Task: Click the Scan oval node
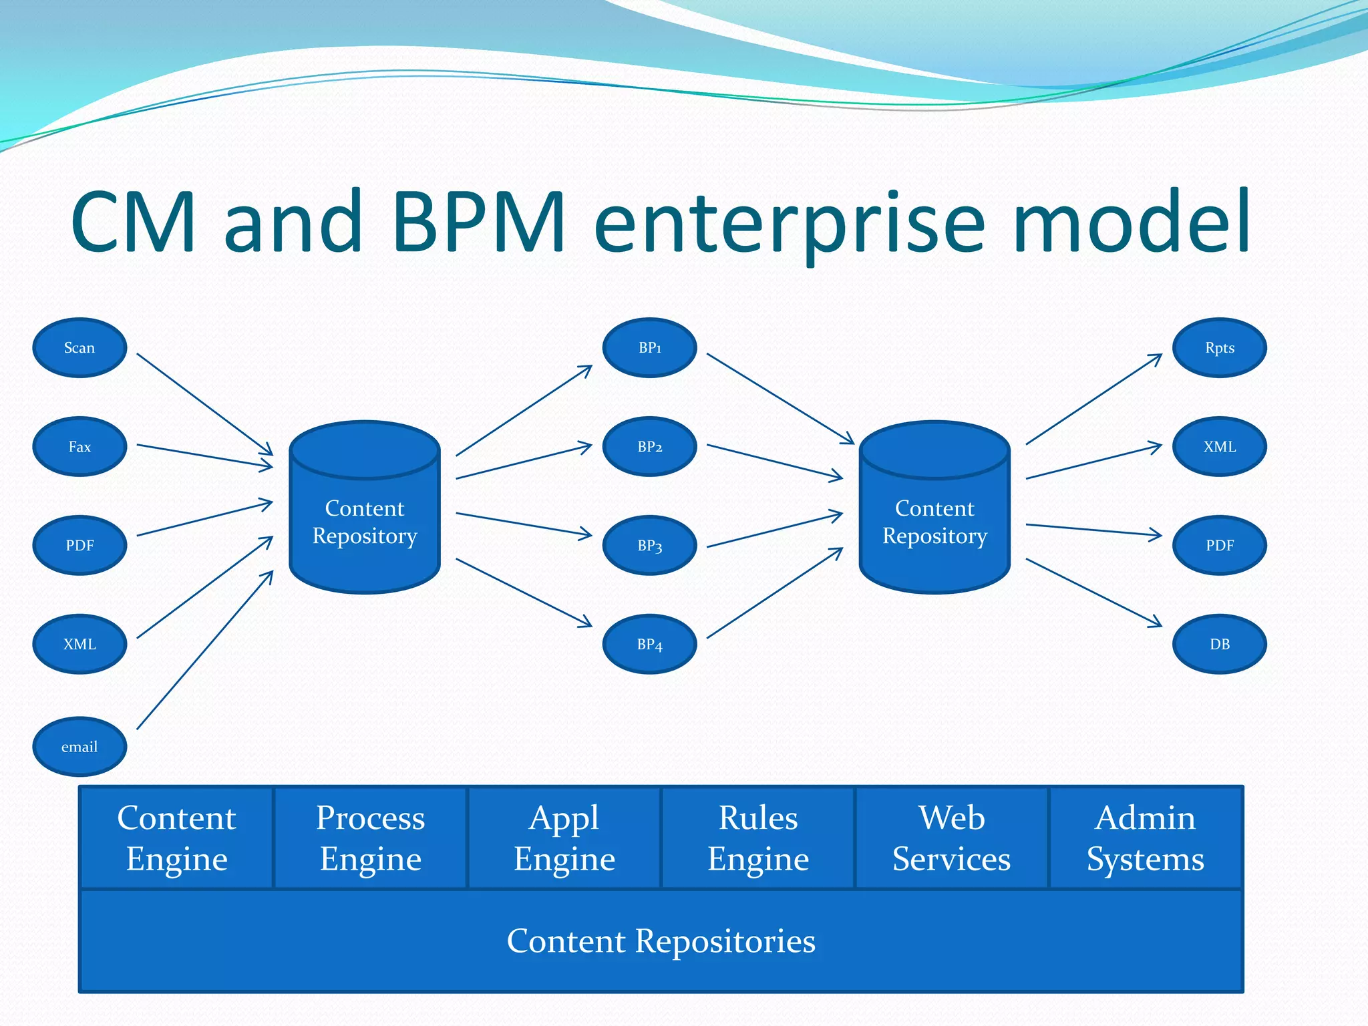(79, 347)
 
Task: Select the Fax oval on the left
(79, 446)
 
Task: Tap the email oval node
(79, 746)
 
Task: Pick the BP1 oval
(649, 347)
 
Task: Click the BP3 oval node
(649, 545)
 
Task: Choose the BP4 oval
(649, 644)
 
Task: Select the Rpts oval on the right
(1219, 347)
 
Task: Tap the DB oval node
(1219, 644)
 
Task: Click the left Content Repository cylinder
(365, 521)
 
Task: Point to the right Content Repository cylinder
(934, 521)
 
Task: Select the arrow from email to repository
(204, 650)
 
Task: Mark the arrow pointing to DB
(1093, 592)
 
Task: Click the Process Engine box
(370, 838)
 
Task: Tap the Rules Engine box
(758, 838)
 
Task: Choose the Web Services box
(951, 838)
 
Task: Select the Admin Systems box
(1145, 838)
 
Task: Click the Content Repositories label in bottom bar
(661, 940)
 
